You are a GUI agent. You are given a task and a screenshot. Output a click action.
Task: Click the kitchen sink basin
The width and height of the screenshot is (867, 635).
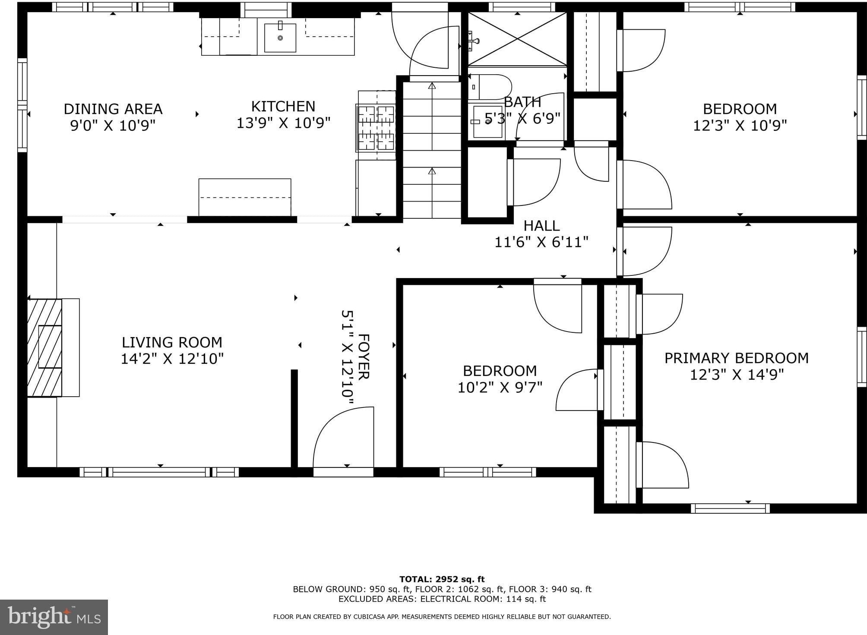click(280, 38)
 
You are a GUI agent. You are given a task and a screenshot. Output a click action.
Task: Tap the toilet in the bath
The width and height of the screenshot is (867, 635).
click(490, 87)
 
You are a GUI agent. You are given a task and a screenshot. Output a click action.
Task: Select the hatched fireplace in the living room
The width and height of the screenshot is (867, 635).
click(44, 348)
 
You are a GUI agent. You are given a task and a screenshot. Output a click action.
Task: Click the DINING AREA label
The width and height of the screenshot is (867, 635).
click(113, 108)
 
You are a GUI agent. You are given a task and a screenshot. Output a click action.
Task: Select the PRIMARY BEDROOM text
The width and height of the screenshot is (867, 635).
click(736, 358)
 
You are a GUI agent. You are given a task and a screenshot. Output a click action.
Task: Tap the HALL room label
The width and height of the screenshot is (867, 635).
click(541, 225)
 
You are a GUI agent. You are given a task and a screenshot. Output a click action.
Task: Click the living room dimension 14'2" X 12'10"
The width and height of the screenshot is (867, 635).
click(172, 359)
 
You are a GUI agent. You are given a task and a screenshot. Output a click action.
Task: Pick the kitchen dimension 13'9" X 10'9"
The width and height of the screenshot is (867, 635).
click(283, 123)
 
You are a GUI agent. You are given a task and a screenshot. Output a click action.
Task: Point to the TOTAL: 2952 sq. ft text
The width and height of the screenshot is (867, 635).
click(442, 579)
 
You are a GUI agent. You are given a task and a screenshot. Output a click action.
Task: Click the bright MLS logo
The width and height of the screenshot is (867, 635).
click(54, 617)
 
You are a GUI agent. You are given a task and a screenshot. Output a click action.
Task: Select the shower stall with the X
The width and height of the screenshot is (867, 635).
click(517, 39)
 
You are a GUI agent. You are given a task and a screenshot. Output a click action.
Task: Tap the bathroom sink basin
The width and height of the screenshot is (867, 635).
click(488, 122)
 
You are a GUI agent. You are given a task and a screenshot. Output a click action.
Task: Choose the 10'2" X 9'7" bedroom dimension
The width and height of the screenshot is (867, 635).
click(500, 387)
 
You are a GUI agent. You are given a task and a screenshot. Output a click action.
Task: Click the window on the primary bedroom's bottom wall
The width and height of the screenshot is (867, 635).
click(730, 508)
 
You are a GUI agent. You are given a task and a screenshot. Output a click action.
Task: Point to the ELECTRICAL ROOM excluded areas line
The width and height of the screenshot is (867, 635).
click(442, 599)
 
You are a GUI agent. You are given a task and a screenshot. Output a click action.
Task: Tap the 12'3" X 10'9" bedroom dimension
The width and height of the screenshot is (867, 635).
click(740, 125)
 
